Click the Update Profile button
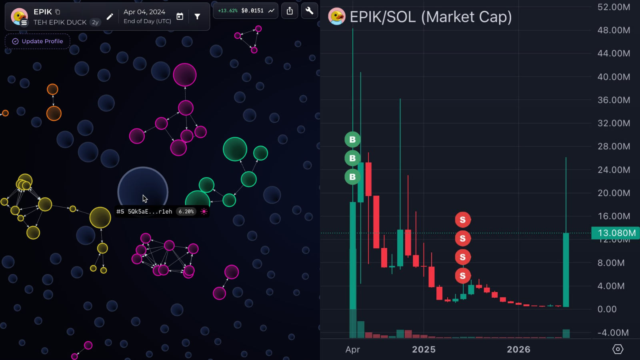click(38, 42)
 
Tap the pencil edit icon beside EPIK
click(110, 16)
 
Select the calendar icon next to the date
click(180, 16)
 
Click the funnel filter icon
click(197, 16)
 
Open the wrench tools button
click(310, 11)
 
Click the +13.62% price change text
click(228, 10)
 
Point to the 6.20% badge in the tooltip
click(186, 212)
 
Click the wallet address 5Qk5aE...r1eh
click(150, 212)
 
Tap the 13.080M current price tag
click(616, 233)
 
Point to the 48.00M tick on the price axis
click(614, 30)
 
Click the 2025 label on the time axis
click(424, 349)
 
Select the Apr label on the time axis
click(352, 350)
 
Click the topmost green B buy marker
click(352, 140)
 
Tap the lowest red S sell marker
click(463, 276)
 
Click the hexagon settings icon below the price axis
click(618, 349)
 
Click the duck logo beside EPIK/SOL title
click(336, 16)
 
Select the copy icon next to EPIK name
click(58, 12)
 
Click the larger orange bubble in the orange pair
click(54, 114)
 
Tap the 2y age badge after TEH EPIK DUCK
click(95, 22)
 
